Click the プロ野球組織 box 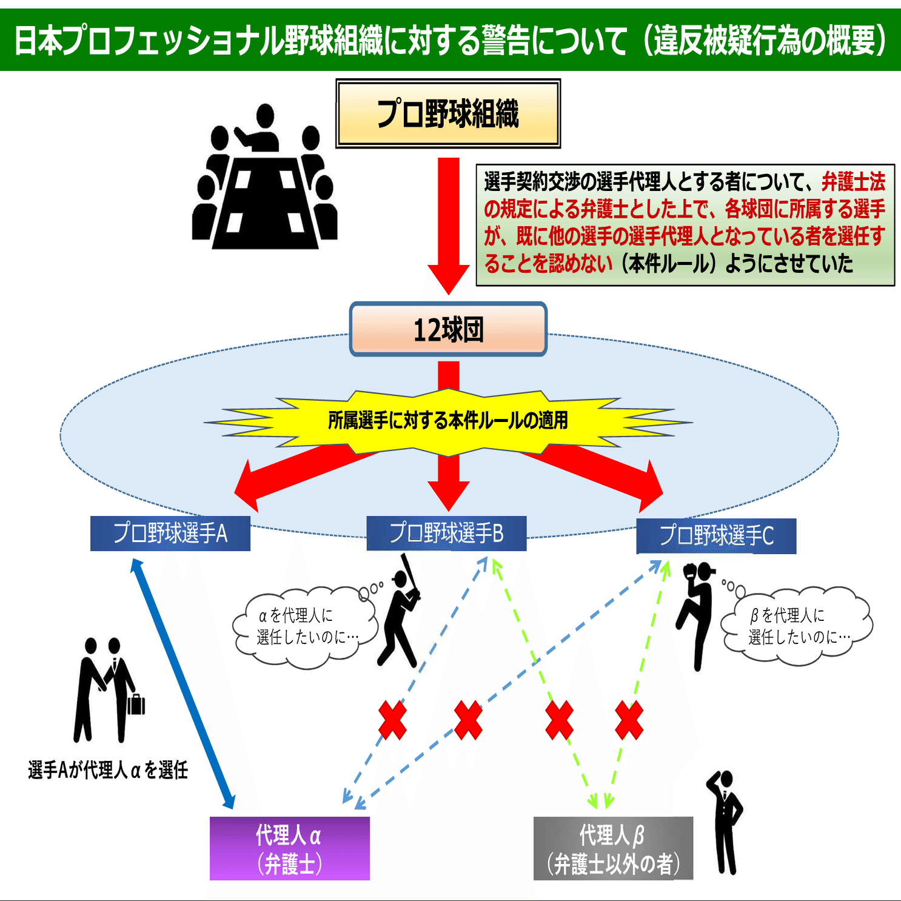pyautogui.click(x=448, y=113)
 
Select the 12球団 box pyautogui.click(x=448, y=329)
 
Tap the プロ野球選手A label pyautogui.click(x=170, y=534)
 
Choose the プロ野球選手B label pyautogui.click(x=446, y=534)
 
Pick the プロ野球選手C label pyautogui.click(x=716, y=536)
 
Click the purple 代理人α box pyautogui.click(x=289, y=848)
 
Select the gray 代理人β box pyautogui.click(x=613, y=848)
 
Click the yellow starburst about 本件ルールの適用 pyautogui.click(x=447, y=421)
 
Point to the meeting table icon pyautogui.click(x=265, y=182)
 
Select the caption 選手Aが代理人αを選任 pyautogui.click(x=108, y=770)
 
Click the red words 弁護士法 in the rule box pyautogui.click(x=854, y=181)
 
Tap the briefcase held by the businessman pyautogui.click(x=136, y=705)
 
